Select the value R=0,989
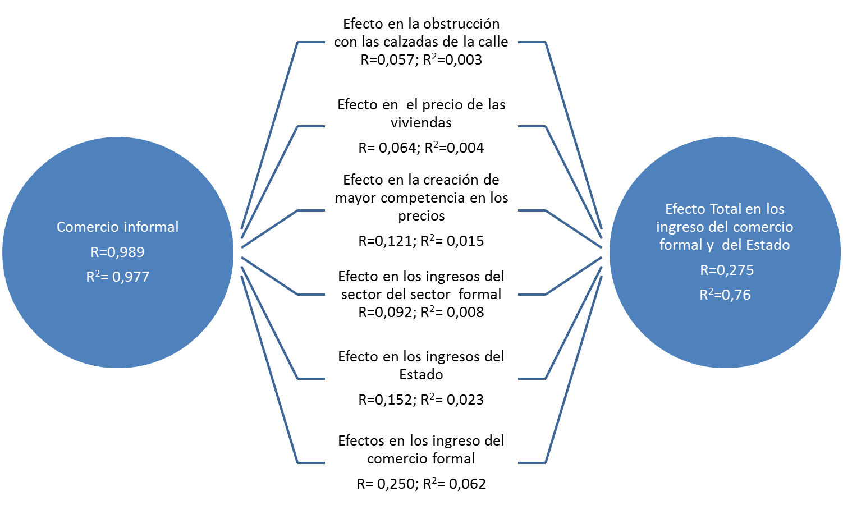118,252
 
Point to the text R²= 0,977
118,277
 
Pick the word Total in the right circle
726,209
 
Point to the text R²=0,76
725,295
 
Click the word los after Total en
775,209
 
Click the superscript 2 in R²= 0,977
97,273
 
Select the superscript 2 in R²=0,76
710,291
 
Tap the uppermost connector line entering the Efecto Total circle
574,135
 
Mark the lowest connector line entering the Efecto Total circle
574,370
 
